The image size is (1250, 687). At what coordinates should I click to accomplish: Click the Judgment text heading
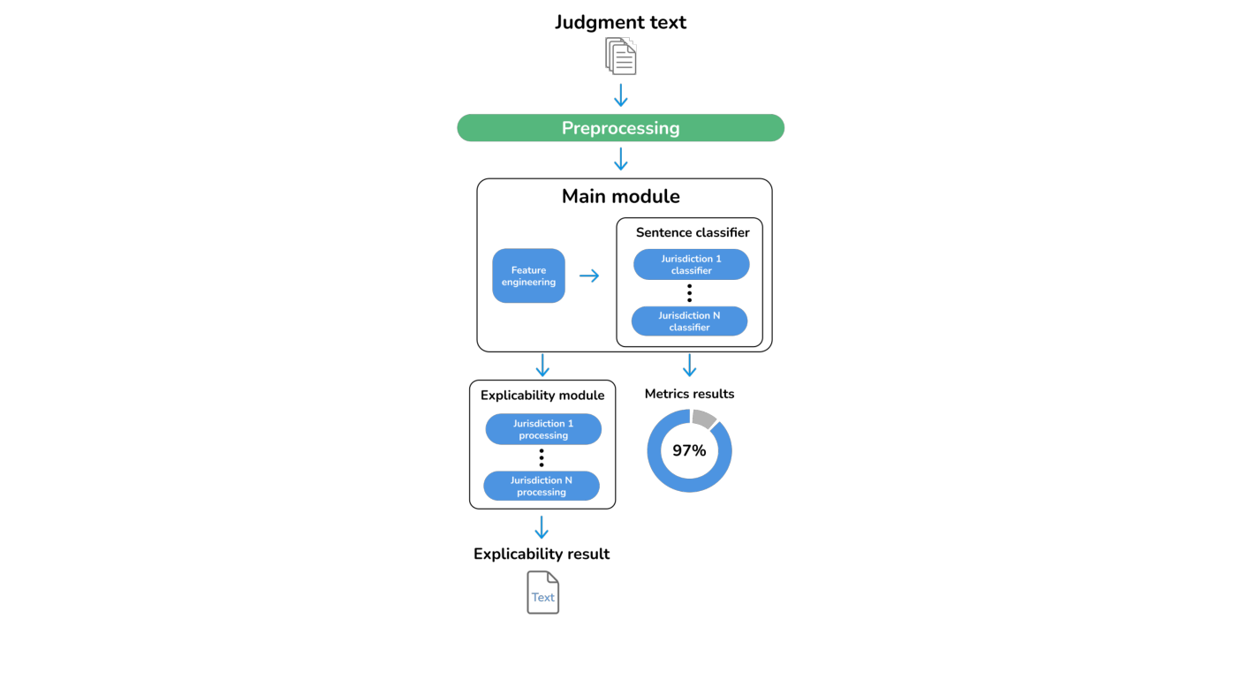[x=620, y=22]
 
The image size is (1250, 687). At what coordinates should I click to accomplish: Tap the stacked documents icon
[x=620, y=57]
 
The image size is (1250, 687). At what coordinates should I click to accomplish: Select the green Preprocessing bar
[x=620, y=128]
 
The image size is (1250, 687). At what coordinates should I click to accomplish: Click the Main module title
[x=620, y=196]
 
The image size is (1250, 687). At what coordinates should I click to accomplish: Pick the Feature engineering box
[x=528, y=276]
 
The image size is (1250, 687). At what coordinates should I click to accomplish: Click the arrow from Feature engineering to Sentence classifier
[x=589, y=276]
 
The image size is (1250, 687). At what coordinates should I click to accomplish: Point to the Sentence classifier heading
[x=693, y=232]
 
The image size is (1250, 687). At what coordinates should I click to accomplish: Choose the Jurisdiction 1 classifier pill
[x=691, y=264]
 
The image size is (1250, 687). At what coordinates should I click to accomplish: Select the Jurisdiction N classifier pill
[x=689, y=321]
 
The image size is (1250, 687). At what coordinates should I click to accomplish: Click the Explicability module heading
[x=542, y=396]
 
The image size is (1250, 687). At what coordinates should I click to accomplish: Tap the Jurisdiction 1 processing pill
[x=543, y=429]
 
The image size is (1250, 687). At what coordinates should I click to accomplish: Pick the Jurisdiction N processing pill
[x=542, y=486]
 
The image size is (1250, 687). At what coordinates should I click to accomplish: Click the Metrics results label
[x=689, y=394]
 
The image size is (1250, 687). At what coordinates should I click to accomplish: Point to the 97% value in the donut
[x=689, y=450]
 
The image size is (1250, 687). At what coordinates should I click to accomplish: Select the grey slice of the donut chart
[x=704, y=418]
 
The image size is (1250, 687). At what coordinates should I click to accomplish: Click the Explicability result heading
[x=542, y=554]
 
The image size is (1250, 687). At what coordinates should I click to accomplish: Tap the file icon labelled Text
[x=542, y=593]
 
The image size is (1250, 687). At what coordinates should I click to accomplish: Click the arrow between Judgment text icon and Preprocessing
[x=620, y=94]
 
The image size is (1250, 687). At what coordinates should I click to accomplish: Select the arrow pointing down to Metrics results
[x=689, y=366]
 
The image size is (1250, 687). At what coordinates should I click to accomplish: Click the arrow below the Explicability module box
[x=542, y=528]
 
